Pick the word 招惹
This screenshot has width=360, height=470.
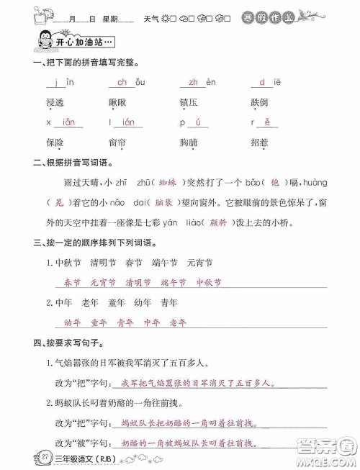click(261, 142)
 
